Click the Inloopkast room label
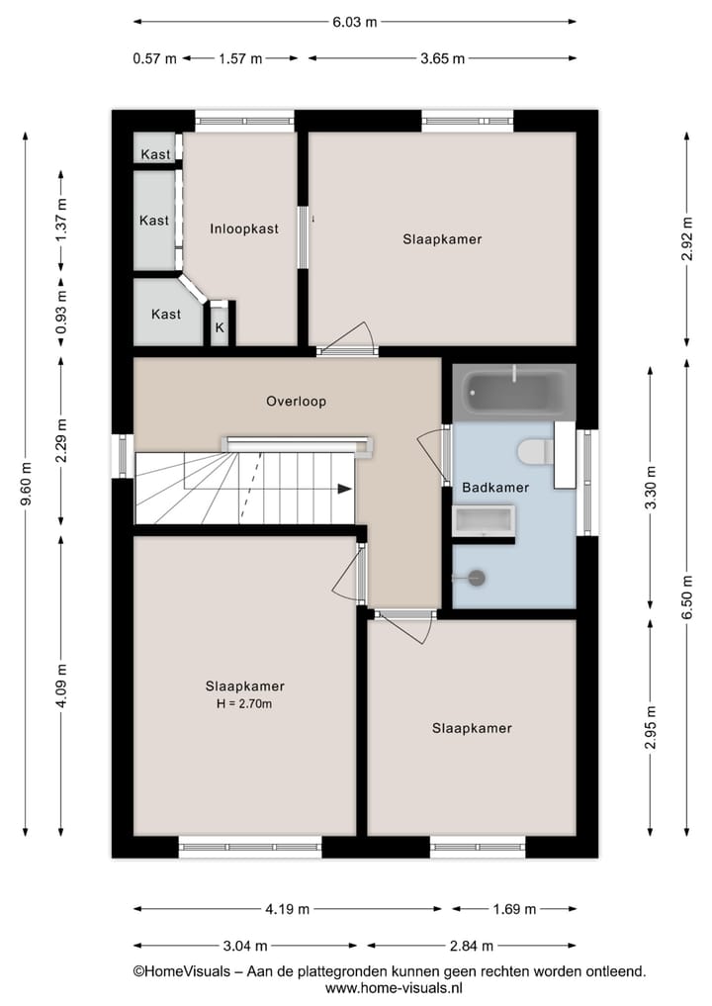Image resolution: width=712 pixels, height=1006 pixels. click(x=244, y=229)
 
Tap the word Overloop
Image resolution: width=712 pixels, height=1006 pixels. click(x=296, y=402)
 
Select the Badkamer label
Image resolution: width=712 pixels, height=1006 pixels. click(x=495, y=488)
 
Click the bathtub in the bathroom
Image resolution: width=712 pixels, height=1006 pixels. click(x=513, y=393)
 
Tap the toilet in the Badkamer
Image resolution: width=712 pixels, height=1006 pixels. click(x=535, y=452)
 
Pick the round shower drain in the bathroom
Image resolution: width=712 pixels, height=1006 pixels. click(x=477, y=579)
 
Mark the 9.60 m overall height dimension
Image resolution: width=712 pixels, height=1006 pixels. click(x=27, y=485)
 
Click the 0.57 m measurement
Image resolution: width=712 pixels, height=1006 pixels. click(x=154, y=58)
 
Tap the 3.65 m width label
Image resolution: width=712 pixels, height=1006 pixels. click(x=442, y=58)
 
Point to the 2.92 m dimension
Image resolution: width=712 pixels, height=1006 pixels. click(x=686, y=238)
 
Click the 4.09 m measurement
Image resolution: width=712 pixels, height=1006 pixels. click(x=61, y=685)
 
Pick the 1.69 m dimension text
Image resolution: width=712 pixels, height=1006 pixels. click(x=514, y=909)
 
